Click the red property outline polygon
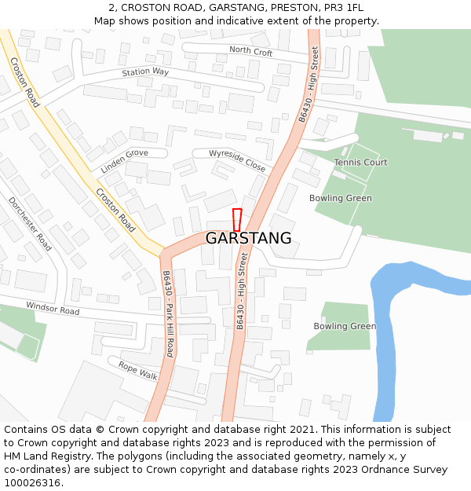coord(237,219)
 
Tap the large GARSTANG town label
coord(248,238)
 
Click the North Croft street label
coord(250,52)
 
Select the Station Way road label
coord(145,72)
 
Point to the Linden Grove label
coord(124,161)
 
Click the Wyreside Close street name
coord(237,160)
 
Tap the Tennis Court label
coord(360,163)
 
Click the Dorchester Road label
coord(30,224)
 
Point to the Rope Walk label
coord(138,371)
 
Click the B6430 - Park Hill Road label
coord(168,314)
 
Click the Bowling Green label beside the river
coord(345,326)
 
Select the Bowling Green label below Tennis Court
coord(340,198)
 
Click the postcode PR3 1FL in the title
coord(345,7)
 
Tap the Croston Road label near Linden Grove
coord(115,210)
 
